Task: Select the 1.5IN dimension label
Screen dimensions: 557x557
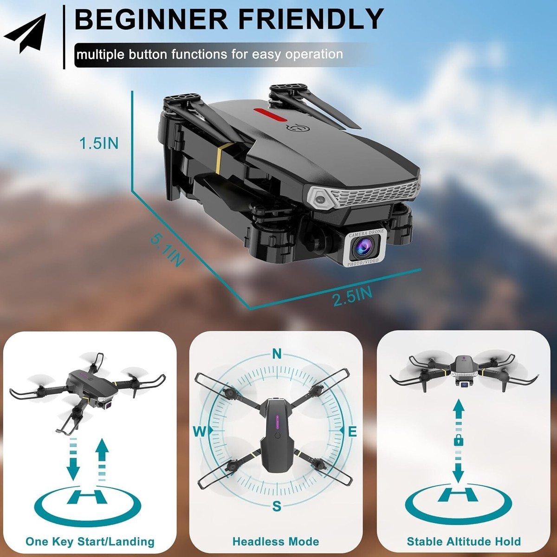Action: tap(99, 143)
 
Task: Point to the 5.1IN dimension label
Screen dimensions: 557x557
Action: tap(167, 251)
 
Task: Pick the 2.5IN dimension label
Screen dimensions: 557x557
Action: tap(352, 296)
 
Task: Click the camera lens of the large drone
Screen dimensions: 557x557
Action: tap(363, 248)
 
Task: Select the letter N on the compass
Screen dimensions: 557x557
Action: tap(277, 354)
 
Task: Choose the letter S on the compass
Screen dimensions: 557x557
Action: tap(277, 506)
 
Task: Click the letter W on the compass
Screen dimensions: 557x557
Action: tap(200, 432)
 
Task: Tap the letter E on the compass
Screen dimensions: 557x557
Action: tap(352, 432)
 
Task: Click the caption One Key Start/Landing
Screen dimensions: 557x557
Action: tap(90, 541)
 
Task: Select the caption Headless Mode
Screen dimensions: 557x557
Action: tap(276, 541)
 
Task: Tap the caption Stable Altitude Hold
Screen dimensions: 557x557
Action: tap(464, 541)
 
